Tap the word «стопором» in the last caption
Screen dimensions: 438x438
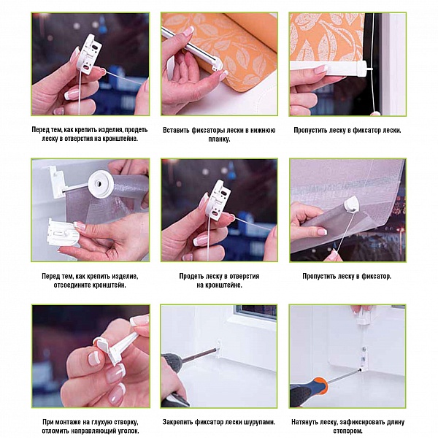click(x=347, y=431)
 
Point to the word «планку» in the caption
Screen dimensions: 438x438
click(x=219, y=139)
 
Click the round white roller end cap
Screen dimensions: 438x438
click(x=101, y=185)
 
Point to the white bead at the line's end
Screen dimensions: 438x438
click(x=376, y=113)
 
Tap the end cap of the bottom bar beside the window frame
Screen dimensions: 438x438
click(x=366, y=68)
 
